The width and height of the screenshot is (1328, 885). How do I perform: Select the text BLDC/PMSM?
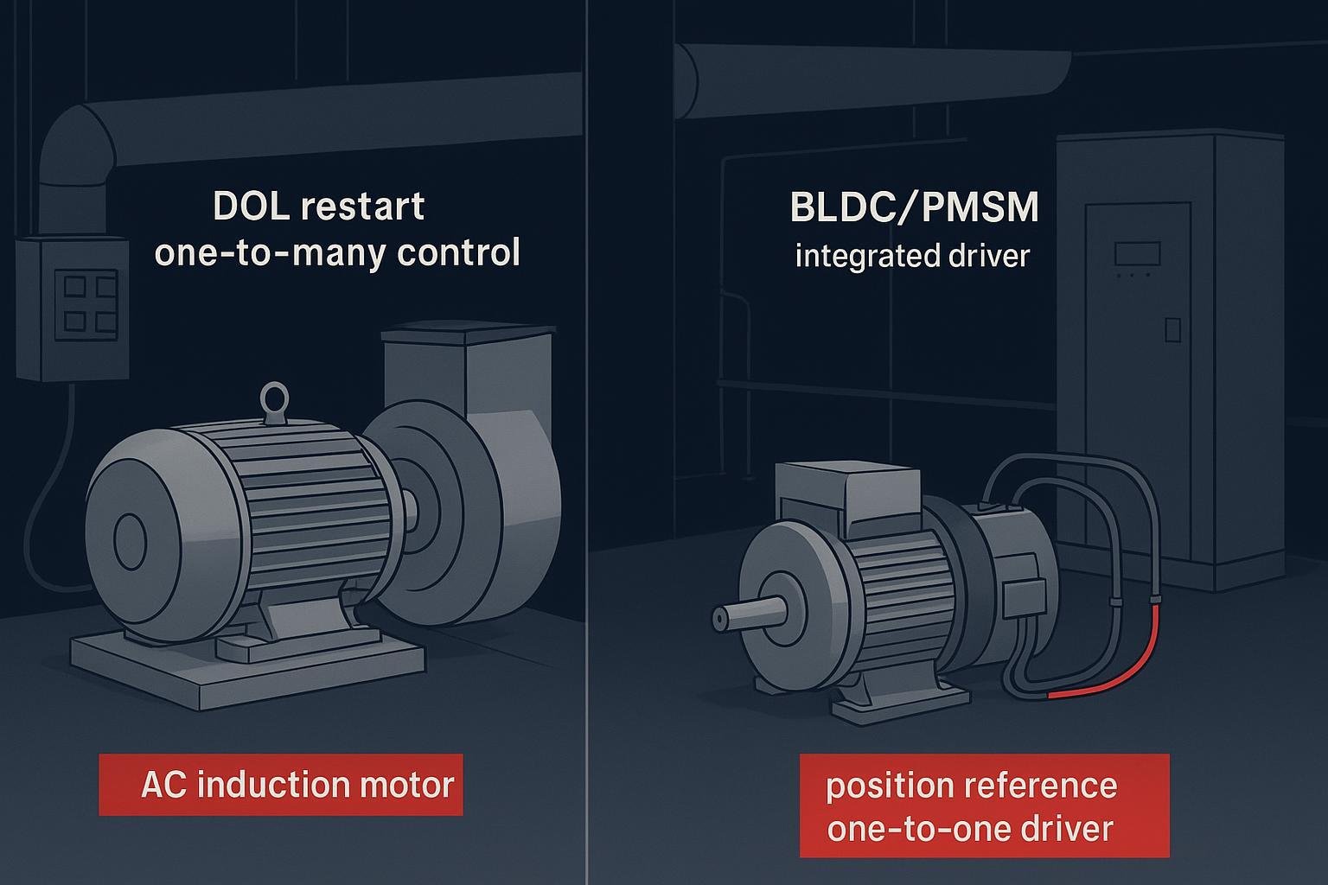(914, 207)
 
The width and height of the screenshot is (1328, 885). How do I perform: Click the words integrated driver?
(912, 257)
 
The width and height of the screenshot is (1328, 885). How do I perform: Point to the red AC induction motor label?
(281, 785)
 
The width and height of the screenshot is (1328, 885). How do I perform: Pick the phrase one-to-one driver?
(969, 829)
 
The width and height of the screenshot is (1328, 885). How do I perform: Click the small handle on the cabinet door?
(1172, 329)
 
